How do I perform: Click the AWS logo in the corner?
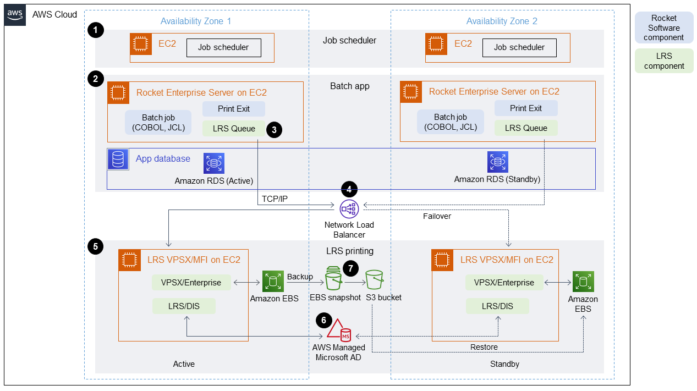[x=15, y=15]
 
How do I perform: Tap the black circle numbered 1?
[x=96, y=31]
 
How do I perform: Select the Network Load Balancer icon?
[x=349, y=208]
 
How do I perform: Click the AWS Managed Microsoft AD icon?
[x=339, y=330]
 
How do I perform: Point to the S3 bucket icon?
[x=374, y=280]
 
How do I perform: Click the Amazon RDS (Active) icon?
[x=213, y=163]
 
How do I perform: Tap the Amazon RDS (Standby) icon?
[x=497, y=162]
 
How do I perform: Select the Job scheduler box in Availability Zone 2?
[x=519, y=47]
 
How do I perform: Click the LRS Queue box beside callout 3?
[x=234, y=129]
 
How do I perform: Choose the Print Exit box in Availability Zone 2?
[x=526, y=108]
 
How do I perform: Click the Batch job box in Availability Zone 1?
[x=158, y=123]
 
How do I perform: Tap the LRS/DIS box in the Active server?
[x=184, y=306]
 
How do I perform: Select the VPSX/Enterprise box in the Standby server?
[x=500, y=283]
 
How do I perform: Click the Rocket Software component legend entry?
[x=663, y=28]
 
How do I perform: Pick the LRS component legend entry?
[x=663, y=61]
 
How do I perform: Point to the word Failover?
[x=437, y=216]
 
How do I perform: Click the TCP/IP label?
[x=275, y=199]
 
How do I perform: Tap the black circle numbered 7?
[x=350, y=268]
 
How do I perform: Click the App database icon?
[x=118, y=159]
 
